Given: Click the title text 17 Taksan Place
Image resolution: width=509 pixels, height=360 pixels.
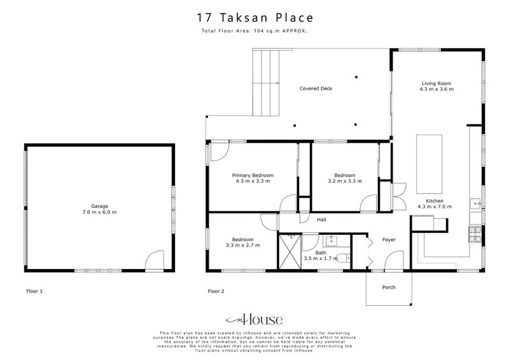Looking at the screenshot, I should click(x=254, y=18).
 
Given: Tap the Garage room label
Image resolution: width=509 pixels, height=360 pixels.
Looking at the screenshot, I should click(x=99, y=206).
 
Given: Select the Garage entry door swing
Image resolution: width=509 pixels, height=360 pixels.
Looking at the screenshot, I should click(x=155, y=261).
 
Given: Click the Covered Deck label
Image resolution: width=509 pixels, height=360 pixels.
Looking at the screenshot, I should click(x=316, y=88).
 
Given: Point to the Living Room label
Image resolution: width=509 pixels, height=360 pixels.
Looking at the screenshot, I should click(x=436, y=83).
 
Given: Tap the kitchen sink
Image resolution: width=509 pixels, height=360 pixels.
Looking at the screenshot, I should click(x=475, y=204).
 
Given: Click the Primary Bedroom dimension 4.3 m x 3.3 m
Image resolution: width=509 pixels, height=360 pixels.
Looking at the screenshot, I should click(x=253, y=181).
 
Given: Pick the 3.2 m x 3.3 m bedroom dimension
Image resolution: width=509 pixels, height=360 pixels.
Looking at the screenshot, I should click(x=344, y=181).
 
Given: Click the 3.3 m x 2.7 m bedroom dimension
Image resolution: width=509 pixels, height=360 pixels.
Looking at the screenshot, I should click(x=242, y=245).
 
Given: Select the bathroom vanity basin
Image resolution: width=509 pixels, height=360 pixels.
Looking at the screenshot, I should click(x=331, y=240).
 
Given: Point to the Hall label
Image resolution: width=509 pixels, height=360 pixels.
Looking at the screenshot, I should click(x=321, y=220).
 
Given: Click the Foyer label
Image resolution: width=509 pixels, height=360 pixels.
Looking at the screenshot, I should click(x=388, y=240).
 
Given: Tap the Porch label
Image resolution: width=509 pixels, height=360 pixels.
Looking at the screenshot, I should click(x=388, y=287).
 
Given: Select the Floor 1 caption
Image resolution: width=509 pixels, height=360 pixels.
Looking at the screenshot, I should click(x=34, y=291).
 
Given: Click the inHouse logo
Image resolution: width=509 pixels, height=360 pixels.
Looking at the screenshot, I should click(x=254, y=320).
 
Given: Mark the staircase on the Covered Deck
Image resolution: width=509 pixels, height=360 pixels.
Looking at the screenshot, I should click(x=267, y=83).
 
